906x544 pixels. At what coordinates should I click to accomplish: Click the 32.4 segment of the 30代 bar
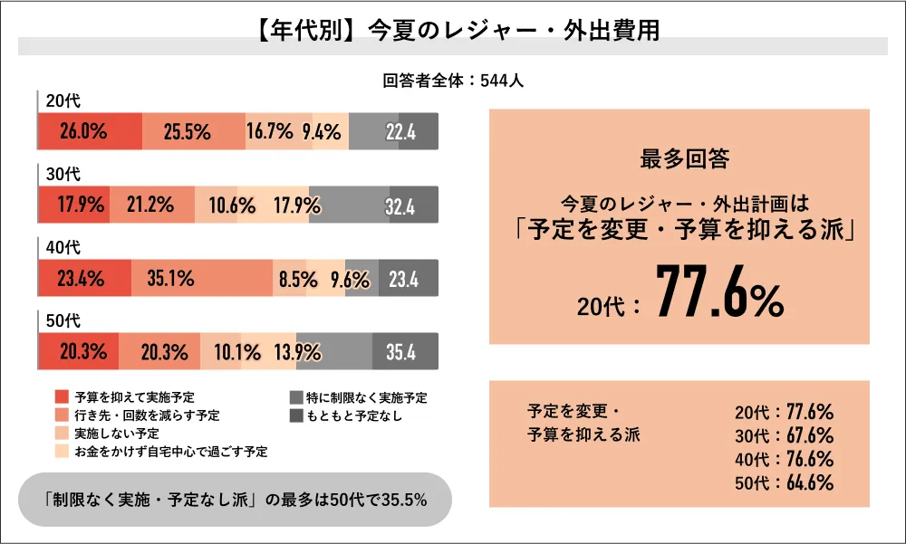(x=399, y=205)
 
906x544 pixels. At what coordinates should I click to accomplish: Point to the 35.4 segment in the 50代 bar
(x=400, y=351)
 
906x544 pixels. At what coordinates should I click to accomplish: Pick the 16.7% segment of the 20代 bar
(x=268, y=132)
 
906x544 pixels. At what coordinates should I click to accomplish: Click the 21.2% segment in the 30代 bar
(x=151, y=205)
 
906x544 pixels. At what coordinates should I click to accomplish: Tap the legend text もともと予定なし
(x=354, y=415)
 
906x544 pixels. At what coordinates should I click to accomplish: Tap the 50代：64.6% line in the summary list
(x=784, y=482)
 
